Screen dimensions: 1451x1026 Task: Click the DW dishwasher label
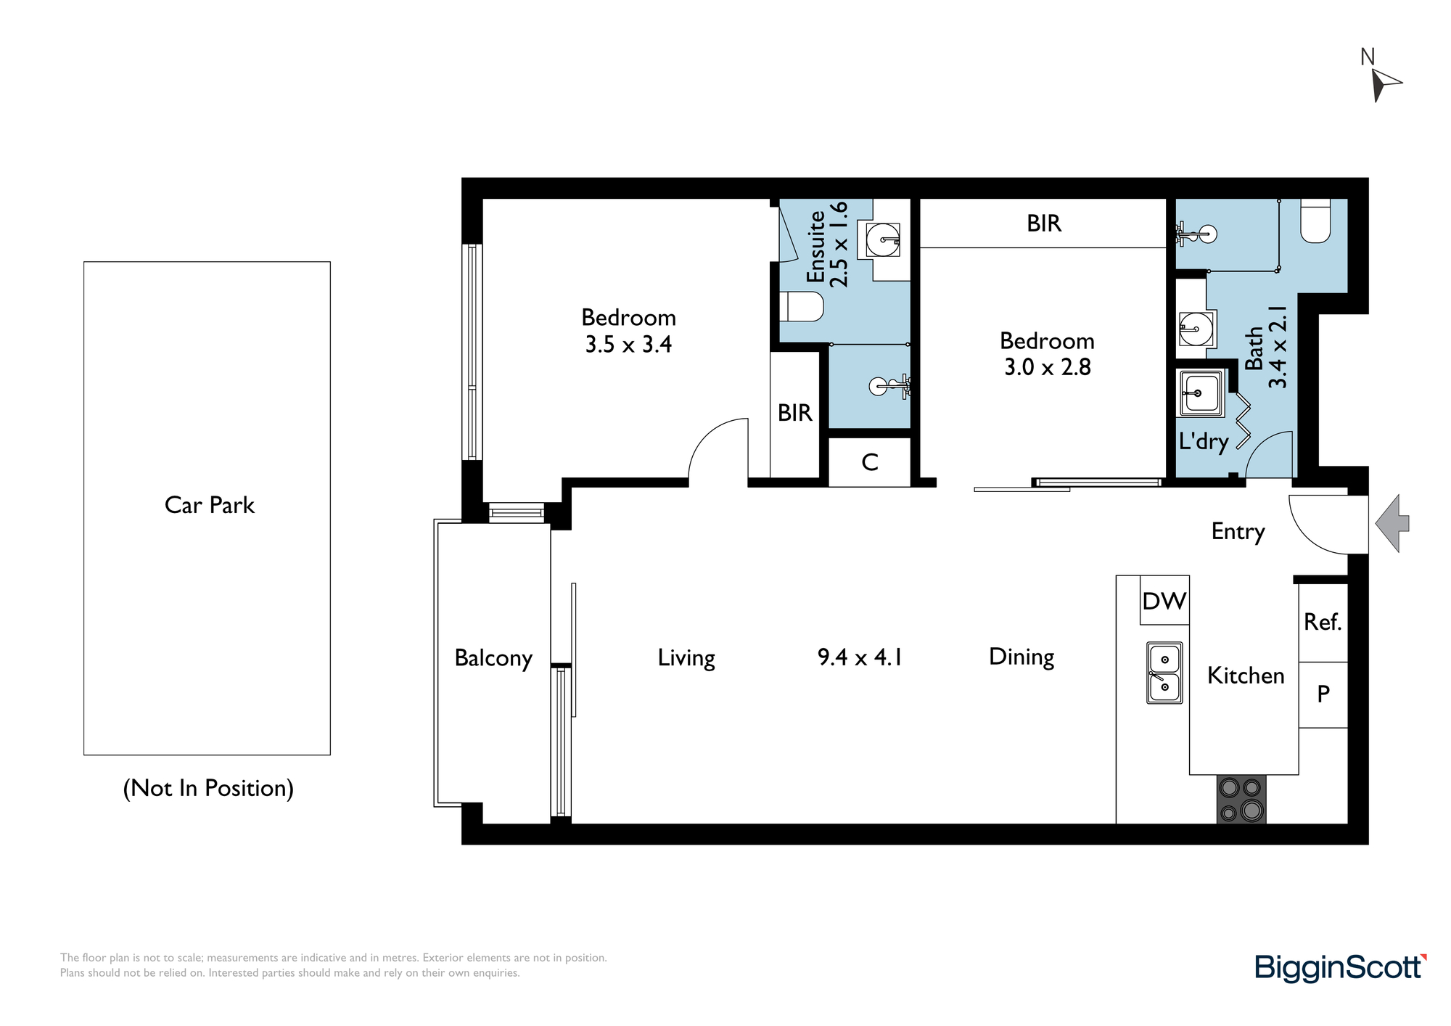(x=1164, y=601)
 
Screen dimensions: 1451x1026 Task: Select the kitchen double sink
(x=1164, y=673)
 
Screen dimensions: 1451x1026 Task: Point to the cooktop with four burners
(x=1241, y=799)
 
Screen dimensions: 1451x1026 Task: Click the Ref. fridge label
(x=1323, y=622)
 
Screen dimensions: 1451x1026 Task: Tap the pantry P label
(x=1323, y=694)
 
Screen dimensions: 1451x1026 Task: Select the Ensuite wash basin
(x=883, y=239)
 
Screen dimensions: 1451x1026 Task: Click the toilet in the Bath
(x=1315, y=221)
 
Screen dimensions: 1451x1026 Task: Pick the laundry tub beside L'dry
(x=1201, y=393)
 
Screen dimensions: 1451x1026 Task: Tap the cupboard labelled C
(x=869, y=462)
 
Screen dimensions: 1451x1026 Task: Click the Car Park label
(x=210, y=505)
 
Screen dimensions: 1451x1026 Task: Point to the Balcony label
(x=493, y=658)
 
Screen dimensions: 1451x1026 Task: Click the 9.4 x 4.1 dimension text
(x=860, y=657)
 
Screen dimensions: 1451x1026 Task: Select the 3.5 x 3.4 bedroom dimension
(x=628, y=344)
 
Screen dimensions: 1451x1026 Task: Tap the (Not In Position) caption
(x=208, y=788)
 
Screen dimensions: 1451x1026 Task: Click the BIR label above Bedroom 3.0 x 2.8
(x=1044, y=223)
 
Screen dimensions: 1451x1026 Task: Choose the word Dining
(x=1022, y=657)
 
